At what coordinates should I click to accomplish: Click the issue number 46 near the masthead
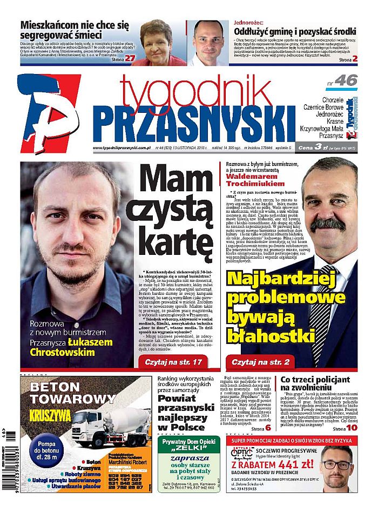click(x=346, y=81)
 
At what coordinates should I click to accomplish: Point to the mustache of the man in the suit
click(x=327, y=223)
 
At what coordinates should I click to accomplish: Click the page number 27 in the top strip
click(x=130, y=58)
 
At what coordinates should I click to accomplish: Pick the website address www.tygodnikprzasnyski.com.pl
click(x=121, y=148)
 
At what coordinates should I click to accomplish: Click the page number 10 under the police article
click(x=352, y=428)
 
